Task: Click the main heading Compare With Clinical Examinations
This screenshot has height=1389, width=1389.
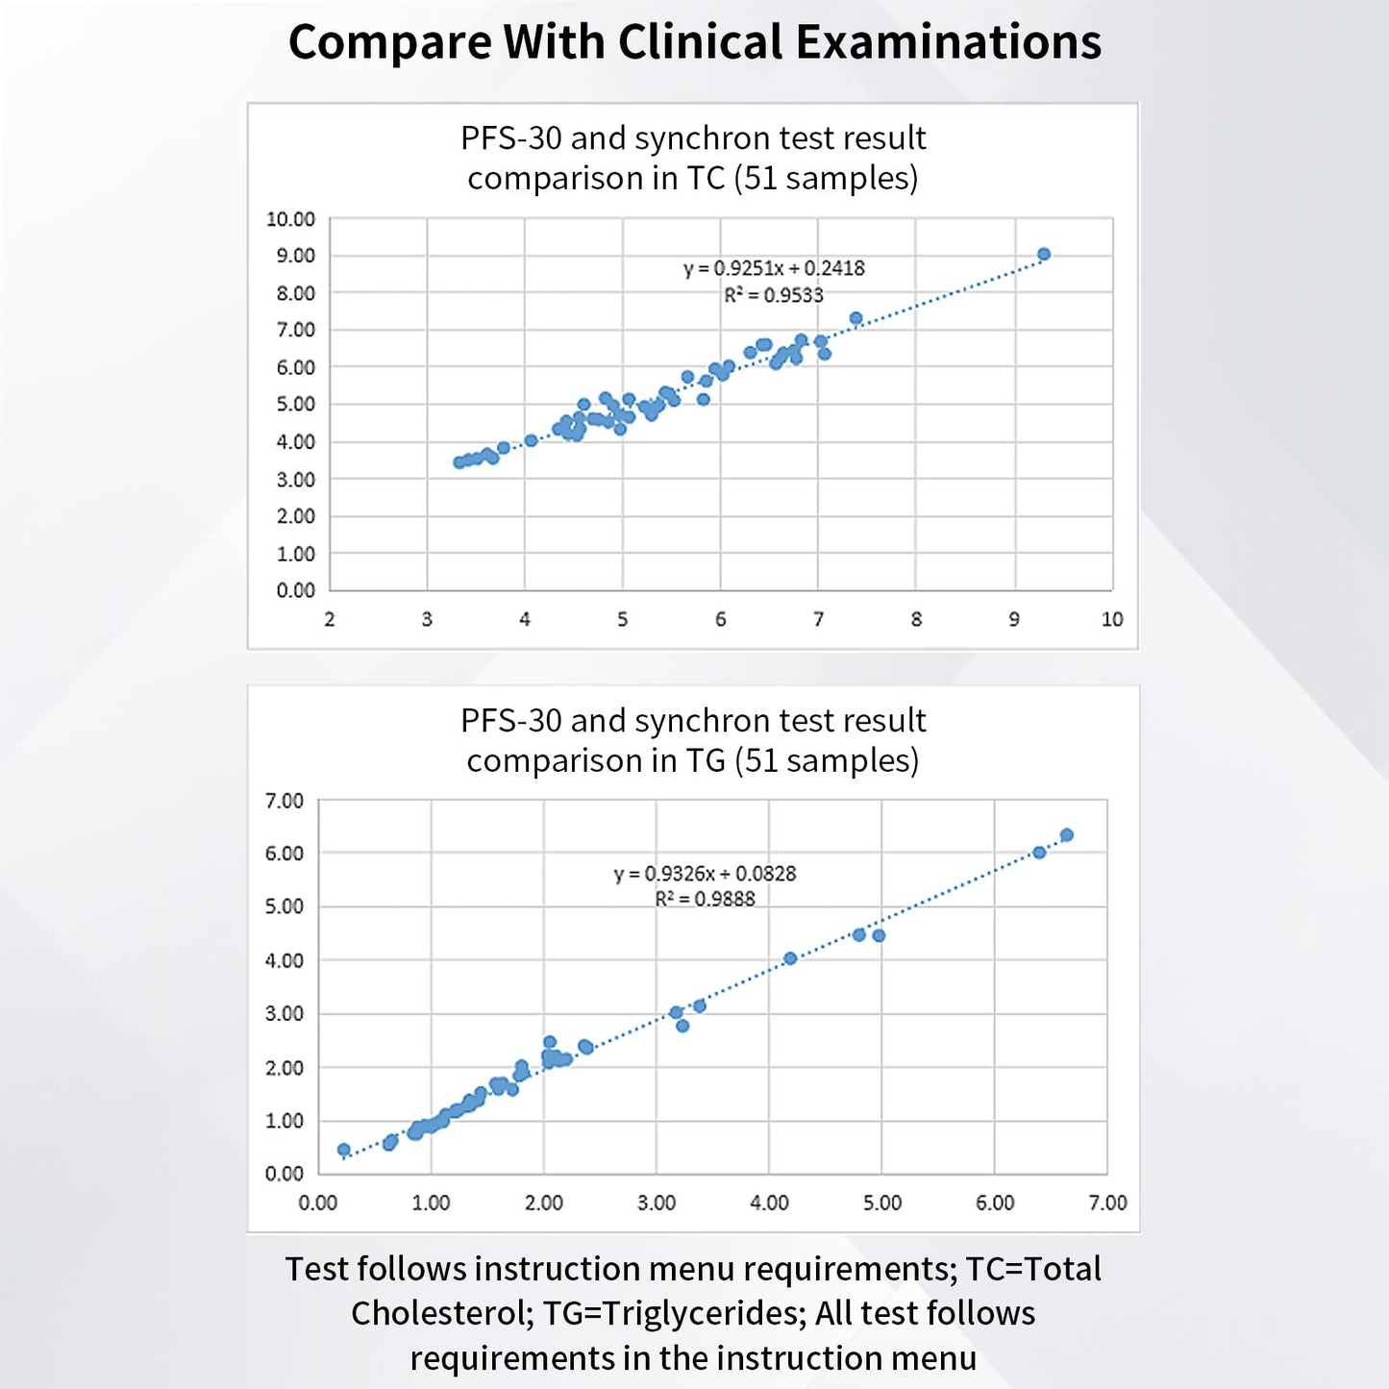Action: [694, 42]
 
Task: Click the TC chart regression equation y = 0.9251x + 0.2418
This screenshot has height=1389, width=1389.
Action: [774, 268]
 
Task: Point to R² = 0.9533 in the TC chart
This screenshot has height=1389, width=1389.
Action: [774, 295]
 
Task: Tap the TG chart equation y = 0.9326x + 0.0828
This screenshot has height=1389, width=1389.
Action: [705, 874]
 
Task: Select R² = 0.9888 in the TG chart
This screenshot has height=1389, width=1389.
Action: [705, 900]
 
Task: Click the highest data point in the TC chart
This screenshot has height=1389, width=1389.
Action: [1044, 254]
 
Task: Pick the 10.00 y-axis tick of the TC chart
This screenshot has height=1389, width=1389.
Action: [290, 219]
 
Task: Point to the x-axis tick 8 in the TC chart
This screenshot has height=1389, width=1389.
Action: [916, 620]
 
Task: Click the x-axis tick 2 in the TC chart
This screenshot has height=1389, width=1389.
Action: [330, 620]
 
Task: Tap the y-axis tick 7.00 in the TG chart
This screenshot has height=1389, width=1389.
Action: [284, 801]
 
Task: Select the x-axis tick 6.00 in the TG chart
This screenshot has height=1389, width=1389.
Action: [995, 1203]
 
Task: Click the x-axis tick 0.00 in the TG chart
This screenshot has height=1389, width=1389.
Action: [317, 1203]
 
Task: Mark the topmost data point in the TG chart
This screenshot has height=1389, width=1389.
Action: [1066, 835]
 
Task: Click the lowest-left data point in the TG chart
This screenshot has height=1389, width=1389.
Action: [344, 1150]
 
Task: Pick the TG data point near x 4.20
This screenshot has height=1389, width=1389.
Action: [790, 958]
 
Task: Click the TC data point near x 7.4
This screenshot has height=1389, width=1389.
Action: [856, 318]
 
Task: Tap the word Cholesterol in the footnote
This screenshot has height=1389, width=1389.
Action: [437, 1313]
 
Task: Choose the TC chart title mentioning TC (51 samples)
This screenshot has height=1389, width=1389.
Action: [692, 159]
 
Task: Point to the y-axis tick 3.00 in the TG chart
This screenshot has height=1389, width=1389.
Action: [284, 1014]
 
